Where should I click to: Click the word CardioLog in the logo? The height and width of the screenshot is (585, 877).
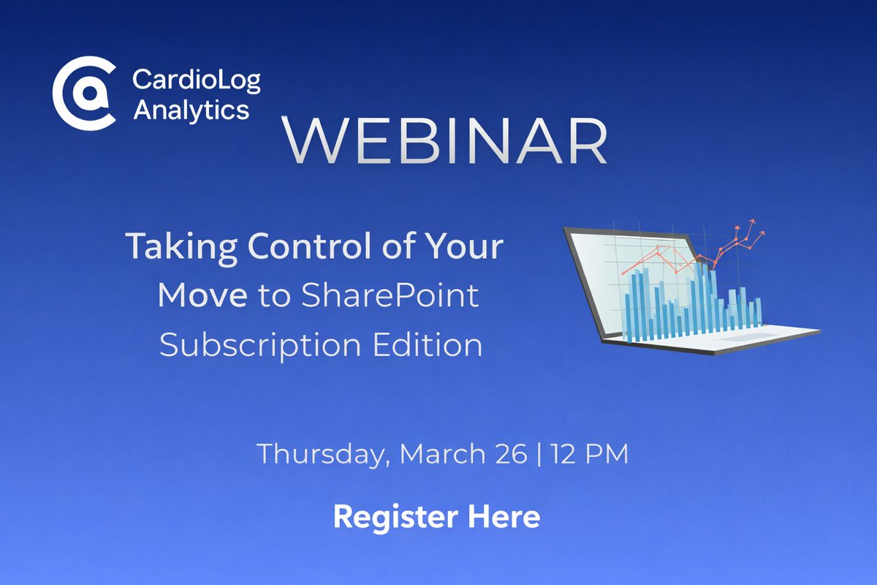tap(196, 80)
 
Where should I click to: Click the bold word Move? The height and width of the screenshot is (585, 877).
tap(203, 295)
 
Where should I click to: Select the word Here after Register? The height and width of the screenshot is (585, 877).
tap(504, 516)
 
